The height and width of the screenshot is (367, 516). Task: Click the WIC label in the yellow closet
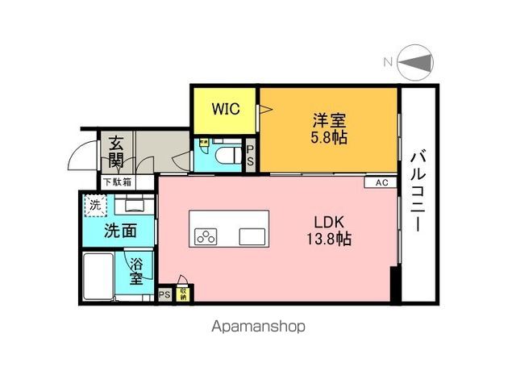[x=224, y=110]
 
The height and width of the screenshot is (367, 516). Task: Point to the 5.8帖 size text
[x=329, y=138]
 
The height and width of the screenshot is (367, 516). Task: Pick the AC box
[x=381, y=183]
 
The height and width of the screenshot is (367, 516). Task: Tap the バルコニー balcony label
[x=418, y=191]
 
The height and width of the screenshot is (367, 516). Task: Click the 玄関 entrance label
[x=116, y=152]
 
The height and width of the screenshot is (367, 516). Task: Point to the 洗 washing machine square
[x=96, y=205]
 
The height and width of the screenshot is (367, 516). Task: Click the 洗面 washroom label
[x=119, y=231]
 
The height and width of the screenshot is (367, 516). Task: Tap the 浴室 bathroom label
[x=139, y=270]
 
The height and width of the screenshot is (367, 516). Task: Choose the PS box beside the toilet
[x=250, y=155]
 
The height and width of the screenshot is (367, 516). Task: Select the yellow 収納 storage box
[x=185, y=294]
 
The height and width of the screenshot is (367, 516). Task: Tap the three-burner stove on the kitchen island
[x=206, y=236]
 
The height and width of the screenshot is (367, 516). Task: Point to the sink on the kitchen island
[x=252, y=236]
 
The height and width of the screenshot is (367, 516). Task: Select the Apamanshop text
[x=258, y=327]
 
